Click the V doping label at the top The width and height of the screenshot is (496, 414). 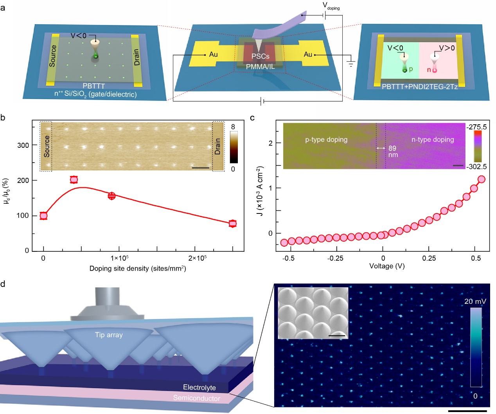[x=331, y=6]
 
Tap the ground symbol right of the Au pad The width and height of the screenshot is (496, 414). [x=350, y=64]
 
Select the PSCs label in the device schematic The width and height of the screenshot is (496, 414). [x=260, y=56]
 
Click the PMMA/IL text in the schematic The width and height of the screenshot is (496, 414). [x=260, y=66]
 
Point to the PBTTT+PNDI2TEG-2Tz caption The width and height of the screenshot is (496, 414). [x=419, y=87]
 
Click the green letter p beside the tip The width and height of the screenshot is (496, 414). [x=411, y=69]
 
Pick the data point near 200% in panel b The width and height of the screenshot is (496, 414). [x=74, y=180]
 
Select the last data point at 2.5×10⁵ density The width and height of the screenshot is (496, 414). [x=233, y=224]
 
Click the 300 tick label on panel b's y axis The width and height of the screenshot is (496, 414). [x=23, y=145]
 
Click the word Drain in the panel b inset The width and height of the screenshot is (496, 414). [x=218, y=146]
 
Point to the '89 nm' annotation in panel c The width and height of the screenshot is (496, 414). [x=392, y=151]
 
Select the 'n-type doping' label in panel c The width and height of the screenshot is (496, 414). [x=433, y=140]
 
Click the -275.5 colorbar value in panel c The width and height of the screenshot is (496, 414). [x=476, y=127]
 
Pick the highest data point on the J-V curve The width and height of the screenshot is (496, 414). [x=482, y=179]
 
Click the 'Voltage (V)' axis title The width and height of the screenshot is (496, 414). [x=387, y=266]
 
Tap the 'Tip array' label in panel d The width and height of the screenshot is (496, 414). [x=109, y=335]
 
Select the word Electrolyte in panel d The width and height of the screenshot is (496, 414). [x=199, y=387]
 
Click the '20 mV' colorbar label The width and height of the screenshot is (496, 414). [x=475, y=301]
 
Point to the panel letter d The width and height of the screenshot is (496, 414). [x=3, y=284]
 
